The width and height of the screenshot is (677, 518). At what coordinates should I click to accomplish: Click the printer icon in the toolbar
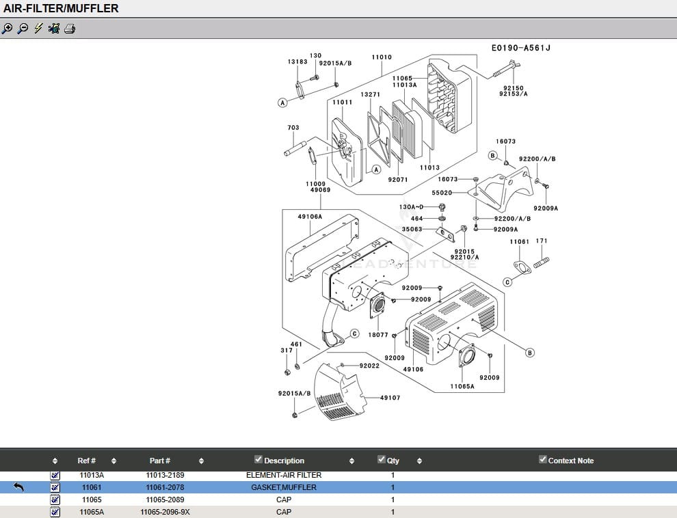click(69, 29)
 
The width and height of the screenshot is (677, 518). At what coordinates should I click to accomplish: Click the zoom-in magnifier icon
click(7, 29)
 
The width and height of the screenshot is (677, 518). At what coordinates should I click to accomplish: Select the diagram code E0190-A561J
click(520, 48)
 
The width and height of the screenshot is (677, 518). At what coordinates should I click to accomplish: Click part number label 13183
click(297, 62)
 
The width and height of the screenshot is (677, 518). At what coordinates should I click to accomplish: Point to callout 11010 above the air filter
click(382, 57)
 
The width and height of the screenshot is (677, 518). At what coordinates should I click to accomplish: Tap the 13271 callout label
click(371, 94)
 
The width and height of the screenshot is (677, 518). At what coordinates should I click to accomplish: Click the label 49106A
click(309, 217)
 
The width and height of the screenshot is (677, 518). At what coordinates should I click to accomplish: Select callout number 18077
click(377, 335)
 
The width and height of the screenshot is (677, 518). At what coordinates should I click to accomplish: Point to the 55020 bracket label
click(442, 193)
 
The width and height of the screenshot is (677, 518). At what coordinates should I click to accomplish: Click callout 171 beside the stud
click(542, 241)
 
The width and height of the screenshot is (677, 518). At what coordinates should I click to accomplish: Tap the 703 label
click(293, 128)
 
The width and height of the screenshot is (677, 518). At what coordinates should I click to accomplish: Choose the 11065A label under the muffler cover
click(462, 387)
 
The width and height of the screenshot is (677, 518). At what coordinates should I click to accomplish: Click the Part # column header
click(160, 461)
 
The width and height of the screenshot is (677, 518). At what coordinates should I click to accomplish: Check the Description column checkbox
click(258, 459)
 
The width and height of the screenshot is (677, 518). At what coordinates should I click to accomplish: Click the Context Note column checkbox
click(543, 459)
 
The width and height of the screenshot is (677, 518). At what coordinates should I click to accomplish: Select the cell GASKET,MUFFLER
click(283, 487)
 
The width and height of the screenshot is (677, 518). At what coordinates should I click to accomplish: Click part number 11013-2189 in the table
click(165, 475)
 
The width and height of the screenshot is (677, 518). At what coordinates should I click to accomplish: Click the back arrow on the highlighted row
click(18, 487)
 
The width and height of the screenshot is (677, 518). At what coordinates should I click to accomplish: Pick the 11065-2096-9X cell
click(165, 512)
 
